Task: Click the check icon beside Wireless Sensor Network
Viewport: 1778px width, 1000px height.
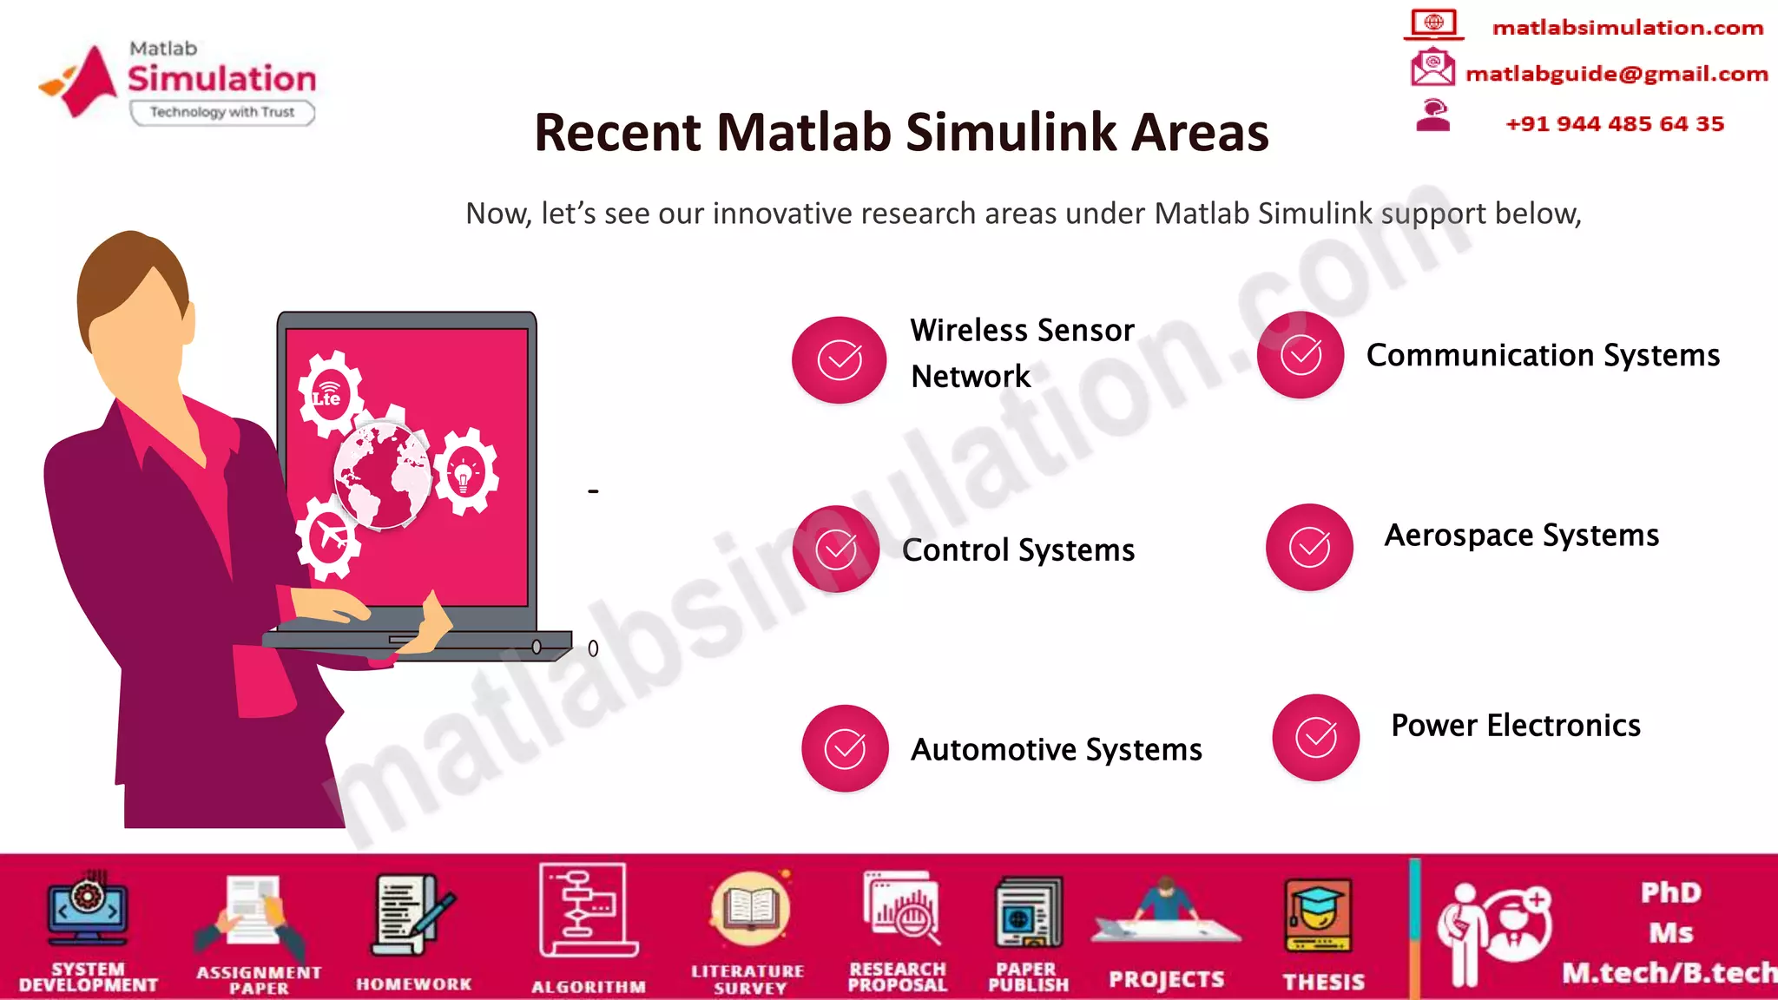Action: (x=840, y=359)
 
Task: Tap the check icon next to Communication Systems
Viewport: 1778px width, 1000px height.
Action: (x=1301, y=355)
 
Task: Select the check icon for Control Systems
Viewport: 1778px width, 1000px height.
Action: (x=836, y=549)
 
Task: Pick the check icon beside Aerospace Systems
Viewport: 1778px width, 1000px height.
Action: (x=1309, y=547)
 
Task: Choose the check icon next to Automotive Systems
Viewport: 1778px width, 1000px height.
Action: (x=845, y=748)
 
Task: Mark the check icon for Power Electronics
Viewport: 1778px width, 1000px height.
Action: (x=1316, y=738)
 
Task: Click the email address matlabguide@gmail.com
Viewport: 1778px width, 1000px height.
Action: (x=1617, y=74)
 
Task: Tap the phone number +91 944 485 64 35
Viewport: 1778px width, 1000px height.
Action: (x=1615, y=123)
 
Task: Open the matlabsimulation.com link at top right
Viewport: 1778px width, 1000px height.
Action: (x=1628, y=28)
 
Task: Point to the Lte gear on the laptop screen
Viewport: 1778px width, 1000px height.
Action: (x=329, y=395)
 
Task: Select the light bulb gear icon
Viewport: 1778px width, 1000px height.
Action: (x=465, y=472)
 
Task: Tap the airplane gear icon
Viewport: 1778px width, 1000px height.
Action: (x=328, y=536)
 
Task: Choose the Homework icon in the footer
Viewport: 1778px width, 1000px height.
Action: (x=413, y=917)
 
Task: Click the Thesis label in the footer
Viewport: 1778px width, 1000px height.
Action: (x=1323, y=982)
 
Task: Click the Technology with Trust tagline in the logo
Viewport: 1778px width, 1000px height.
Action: (x=222, y=112)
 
